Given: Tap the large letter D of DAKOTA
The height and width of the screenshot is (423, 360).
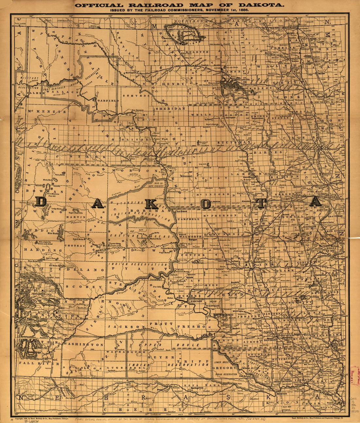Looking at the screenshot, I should click(x=41, y=202).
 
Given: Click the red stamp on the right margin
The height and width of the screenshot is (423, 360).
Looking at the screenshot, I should click(x=354, y=375).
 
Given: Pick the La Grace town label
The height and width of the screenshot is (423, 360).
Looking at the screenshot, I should click(x=182, y=211).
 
